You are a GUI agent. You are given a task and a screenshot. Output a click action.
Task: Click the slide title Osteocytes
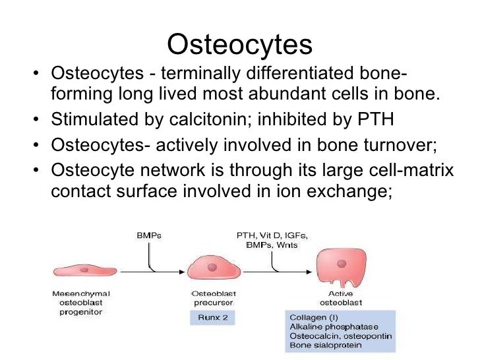point(239,45)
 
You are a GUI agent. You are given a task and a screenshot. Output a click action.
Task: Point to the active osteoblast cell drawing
point(340,268)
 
